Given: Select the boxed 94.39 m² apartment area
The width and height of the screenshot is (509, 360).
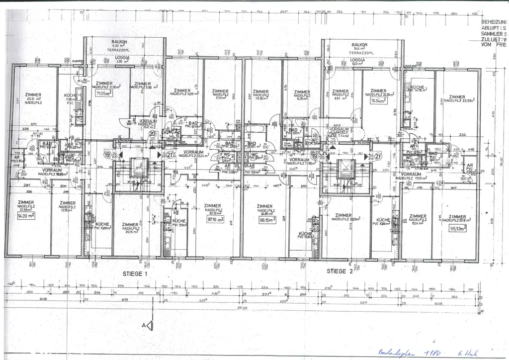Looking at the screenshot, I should [25, 217].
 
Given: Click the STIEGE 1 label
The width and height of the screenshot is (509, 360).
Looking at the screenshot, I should [135, 274].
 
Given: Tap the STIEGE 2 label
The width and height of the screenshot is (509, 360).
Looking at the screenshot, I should [339, 271].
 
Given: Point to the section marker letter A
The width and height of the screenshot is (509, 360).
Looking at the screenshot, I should [144, 325].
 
